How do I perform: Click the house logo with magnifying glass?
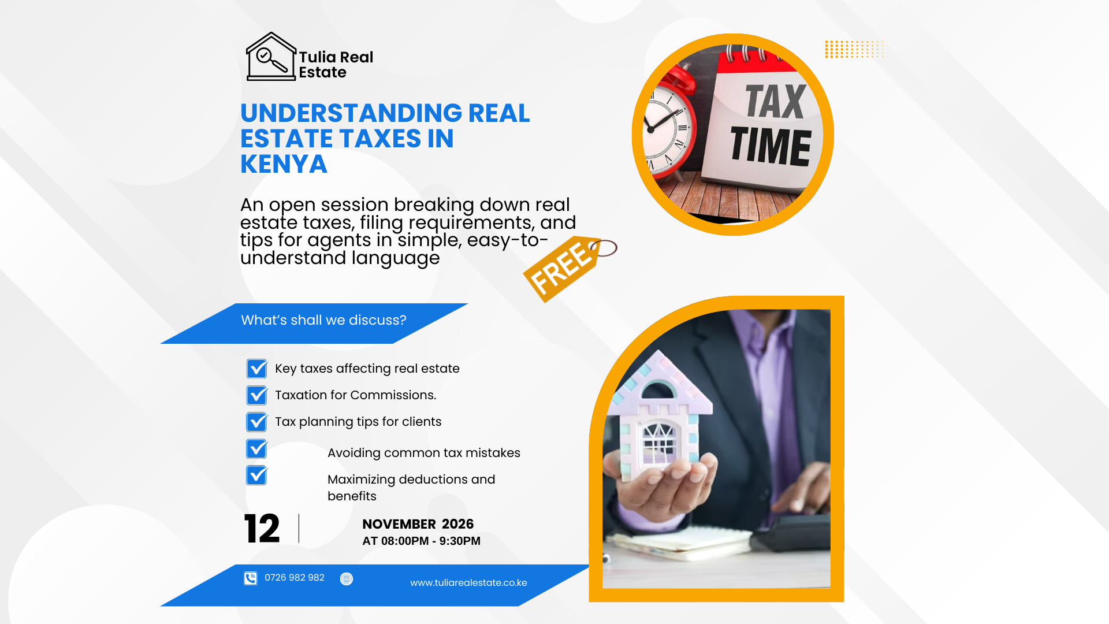click(x=271, y=57)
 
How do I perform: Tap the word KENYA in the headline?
click(x=284, y=164)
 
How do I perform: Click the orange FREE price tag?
click(x=569, y=268)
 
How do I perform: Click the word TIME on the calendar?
click(x=771, y=146)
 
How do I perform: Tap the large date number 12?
click(x=262, y=529)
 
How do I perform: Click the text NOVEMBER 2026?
click(x=418, y=524)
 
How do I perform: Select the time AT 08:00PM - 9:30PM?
click(x=421, y=541)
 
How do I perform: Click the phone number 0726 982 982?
click(x=295, y=578)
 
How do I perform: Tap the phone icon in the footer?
click(x=250, y=578)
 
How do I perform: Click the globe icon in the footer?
click(x=347, y=579)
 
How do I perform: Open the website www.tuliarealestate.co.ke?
click(x=468, y=583)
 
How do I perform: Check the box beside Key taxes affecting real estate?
click(x=257, y=369)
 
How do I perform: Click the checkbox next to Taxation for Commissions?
click(x=257, y=395)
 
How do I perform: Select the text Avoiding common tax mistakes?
click(x=424, y=453)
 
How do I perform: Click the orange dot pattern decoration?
click(x=855, y=49)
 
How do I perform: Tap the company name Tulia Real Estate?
click(x=336, y=65)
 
